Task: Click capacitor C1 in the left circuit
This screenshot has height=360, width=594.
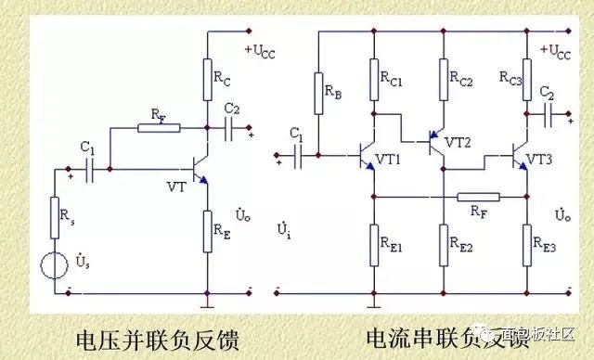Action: coord(91,169)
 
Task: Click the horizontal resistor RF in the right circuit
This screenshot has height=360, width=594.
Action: coord(480,196)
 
